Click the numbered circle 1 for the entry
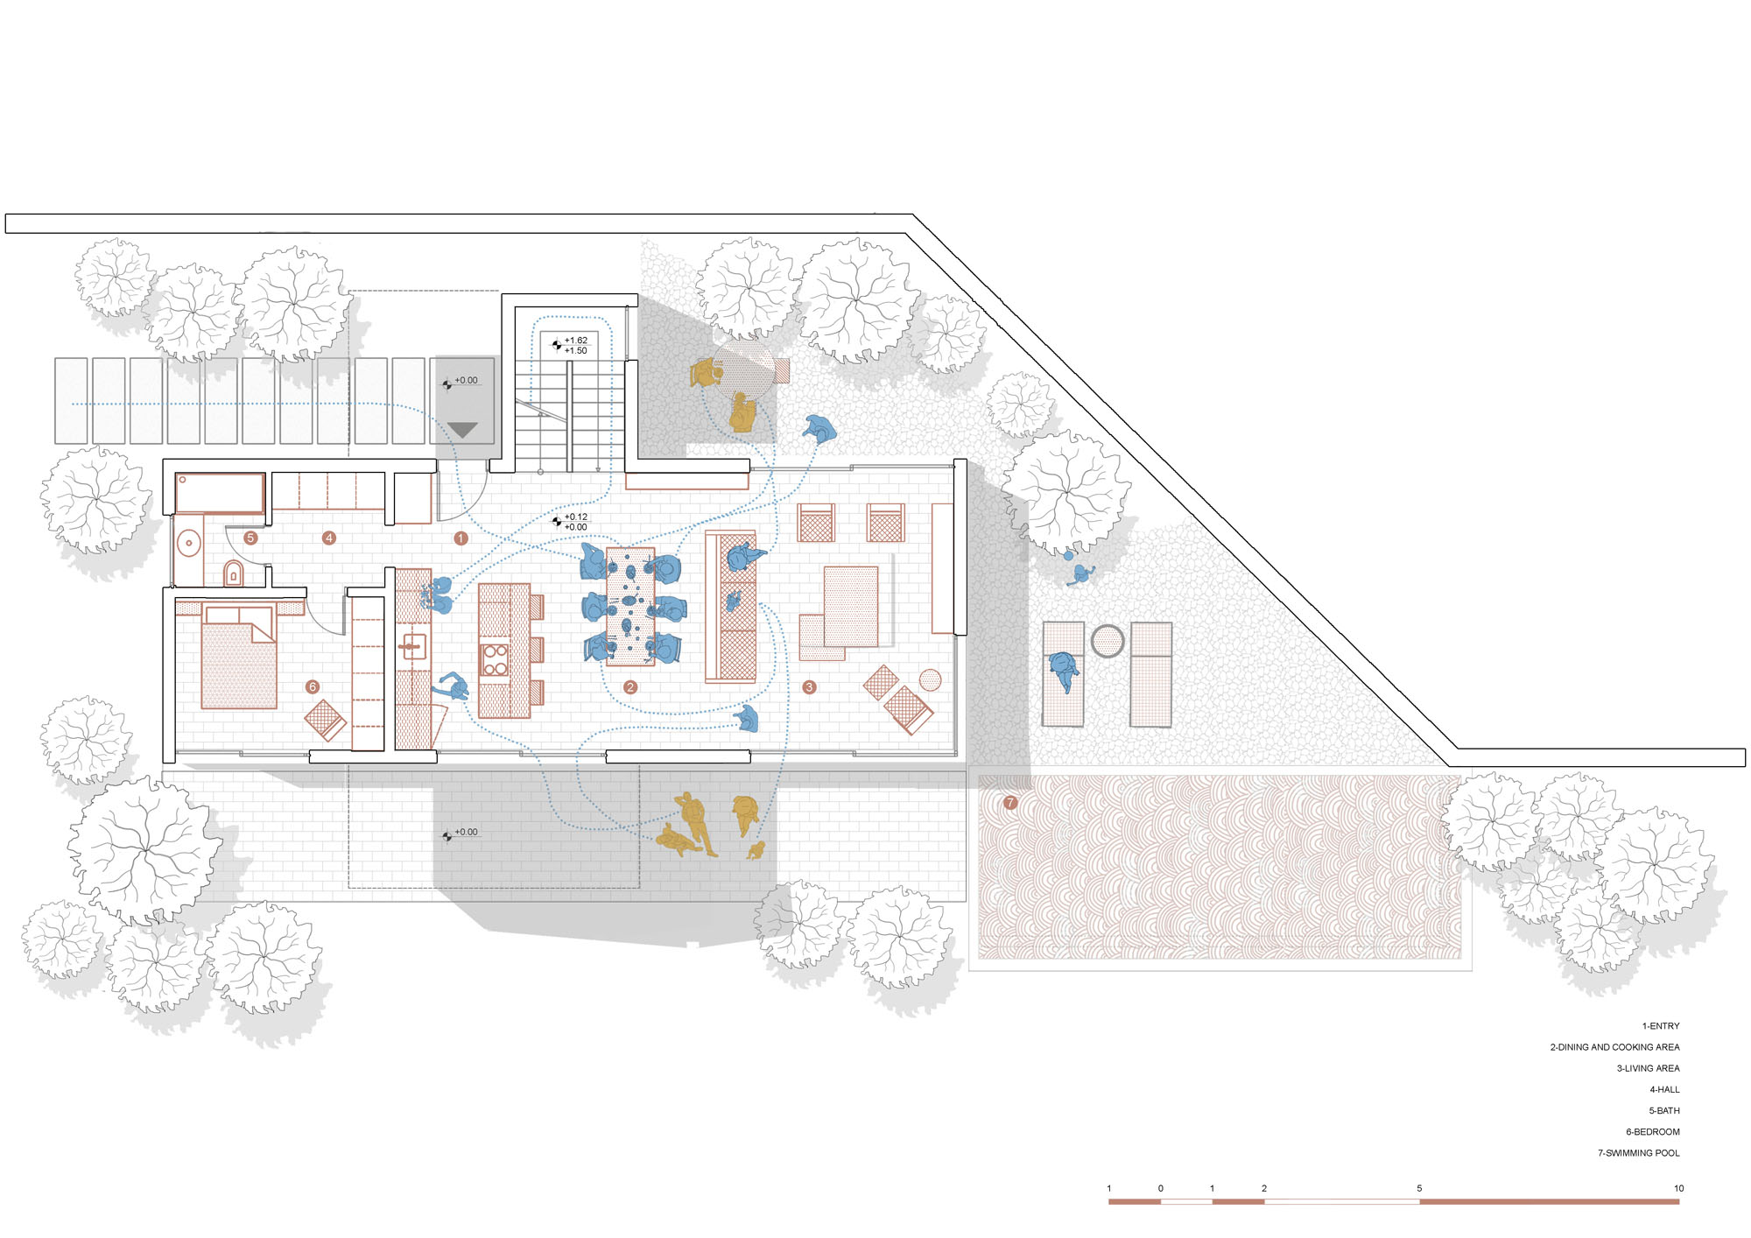461,538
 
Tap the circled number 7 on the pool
1010,803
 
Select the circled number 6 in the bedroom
313,687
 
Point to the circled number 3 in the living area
810,687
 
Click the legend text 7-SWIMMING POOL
1638,1153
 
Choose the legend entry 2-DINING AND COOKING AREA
1614,1047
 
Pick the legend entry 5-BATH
1664,1111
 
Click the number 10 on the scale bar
1678,1188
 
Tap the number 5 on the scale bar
1419,1188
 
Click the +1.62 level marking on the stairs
576,341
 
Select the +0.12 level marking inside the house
576,517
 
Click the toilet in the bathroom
233,573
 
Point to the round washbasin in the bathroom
188,544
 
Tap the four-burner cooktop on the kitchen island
495,659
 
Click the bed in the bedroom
239,657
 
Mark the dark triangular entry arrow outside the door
462,430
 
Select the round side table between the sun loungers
1107,642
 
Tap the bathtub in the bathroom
220,494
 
